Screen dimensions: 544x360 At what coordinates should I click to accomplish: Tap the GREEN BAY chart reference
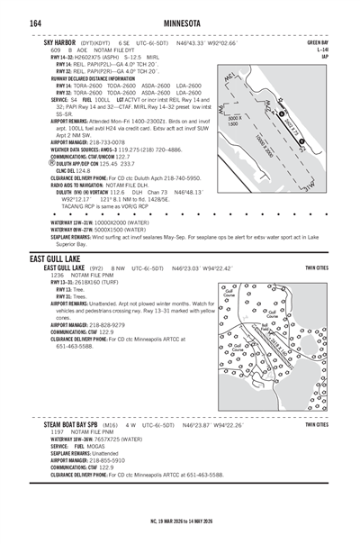[x=317, y=42]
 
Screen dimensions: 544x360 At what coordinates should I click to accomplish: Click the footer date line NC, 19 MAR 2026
[x=180, y=520]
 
